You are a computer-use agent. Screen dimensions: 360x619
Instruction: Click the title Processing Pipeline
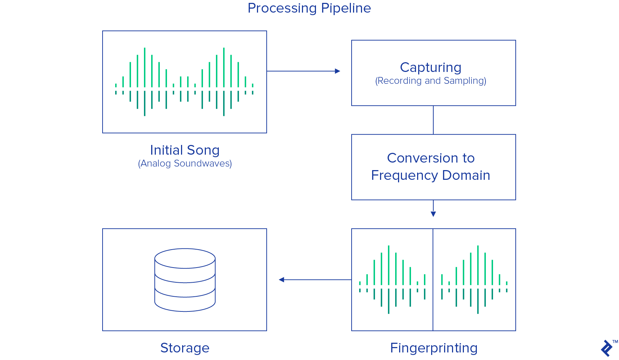pos(309,8)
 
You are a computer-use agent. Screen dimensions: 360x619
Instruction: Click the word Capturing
pos(430,68)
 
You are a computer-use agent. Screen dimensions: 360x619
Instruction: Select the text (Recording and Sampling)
pos(430,81)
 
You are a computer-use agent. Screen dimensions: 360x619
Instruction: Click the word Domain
pos(466,176)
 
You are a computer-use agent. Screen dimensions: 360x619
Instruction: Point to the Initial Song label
pos(185,150)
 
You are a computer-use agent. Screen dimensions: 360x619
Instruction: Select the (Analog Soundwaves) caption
pos(185,164)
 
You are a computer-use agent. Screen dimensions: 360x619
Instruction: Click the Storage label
pos(185,348)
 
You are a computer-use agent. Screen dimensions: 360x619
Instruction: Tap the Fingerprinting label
pos(434,348)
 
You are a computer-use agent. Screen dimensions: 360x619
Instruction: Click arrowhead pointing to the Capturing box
pos(338,71)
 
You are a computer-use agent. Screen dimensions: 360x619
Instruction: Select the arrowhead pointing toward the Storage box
pos(281,280)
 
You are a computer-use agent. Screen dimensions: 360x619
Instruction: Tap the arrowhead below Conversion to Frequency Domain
pos(433,214)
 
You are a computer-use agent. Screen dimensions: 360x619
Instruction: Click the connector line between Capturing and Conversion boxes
pos(433,120)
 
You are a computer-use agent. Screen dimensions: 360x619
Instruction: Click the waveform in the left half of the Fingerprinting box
pos(392,280)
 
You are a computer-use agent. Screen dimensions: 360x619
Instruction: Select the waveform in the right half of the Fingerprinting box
pos(474,280)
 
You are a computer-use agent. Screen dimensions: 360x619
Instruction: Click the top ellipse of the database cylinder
pos(185,258)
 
